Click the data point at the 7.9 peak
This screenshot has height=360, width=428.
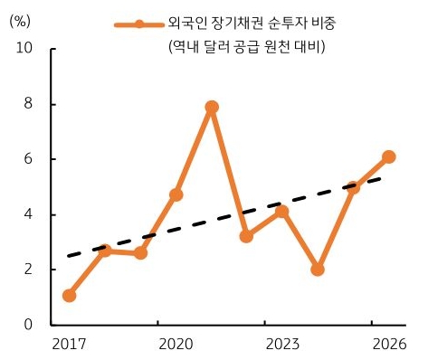(x=212, y=107)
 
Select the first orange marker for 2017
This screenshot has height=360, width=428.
(x=70, y=295)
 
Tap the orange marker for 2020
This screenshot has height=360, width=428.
(x=176, y=194)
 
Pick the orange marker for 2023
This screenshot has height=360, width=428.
(x=282, y=212)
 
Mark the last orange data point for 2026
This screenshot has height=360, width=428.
(x=388, y=156)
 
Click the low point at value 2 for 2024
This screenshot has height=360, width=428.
(x=318, y=270)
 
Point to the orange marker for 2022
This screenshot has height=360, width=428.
(x=246, y=236)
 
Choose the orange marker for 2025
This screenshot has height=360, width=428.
(x=353, y=187)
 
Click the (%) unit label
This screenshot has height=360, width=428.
(x=20, y=21)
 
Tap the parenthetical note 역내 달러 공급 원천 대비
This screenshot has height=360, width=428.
(x=246, y=47)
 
